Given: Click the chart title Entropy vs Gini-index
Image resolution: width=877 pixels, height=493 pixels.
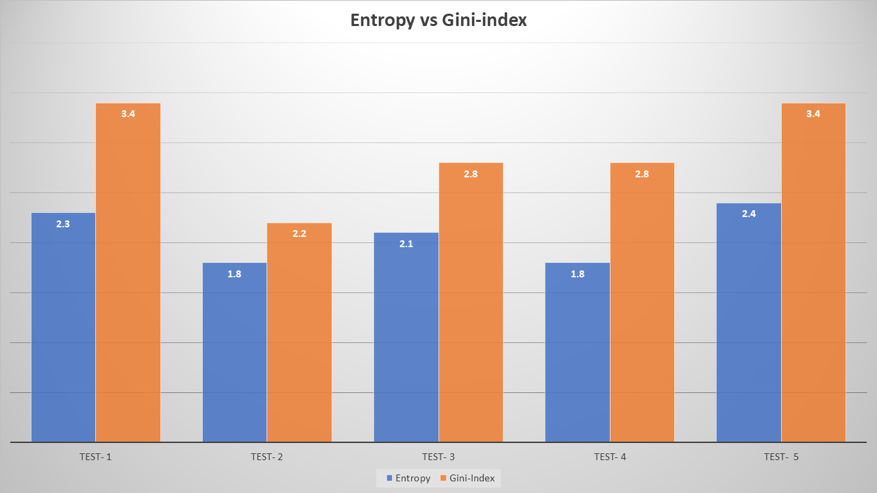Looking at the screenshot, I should pyautogui.click(x=438, y=21).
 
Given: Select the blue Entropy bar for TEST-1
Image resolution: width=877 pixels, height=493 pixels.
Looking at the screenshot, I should pyautogui.click(x=64, y=329).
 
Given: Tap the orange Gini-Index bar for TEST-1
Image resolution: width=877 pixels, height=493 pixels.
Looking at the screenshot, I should pyautogui.click(x=128, y=274).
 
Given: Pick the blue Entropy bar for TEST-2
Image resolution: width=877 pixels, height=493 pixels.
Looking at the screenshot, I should pyautogui.click(x=235, y=353).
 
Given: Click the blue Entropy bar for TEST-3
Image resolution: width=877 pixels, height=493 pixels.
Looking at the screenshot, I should pyautogui.click(x=406, y=339).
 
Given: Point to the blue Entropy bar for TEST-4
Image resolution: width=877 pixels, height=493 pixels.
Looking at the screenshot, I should pyautogui.click(x=578, y=353).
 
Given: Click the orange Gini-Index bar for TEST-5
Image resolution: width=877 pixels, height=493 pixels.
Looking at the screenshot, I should pyautogui.click(x=813, y=274).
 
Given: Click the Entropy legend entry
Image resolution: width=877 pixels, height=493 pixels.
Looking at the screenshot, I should pyautogui.click(x=408, y=478).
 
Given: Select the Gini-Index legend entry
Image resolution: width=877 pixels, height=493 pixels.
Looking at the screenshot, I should pyautogui.click(x=468, y=478).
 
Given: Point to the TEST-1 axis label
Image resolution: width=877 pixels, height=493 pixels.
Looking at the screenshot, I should pyautogui.click(x=96, y=457).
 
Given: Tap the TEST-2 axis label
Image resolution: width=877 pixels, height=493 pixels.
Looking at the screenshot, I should pyautogui.click(x=267, y=457).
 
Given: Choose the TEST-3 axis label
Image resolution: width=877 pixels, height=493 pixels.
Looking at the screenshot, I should pyautogui.click(x=438, y=457).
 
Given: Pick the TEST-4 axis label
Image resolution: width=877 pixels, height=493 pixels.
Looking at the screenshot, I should pyautogui.click(x=610, y=457).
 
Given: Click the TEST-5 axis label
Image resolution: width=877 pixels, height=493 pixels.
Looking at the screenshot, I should pyautogui.click(x=781, y=457).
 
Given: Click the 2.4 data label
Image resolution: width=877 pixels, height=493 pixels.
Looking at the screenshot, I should pyautogui.click(x=749, y=214).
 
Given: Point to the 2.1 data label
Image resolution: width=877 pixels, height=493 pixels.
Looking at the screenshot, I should pyautogui.click(x=406, y=243).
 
